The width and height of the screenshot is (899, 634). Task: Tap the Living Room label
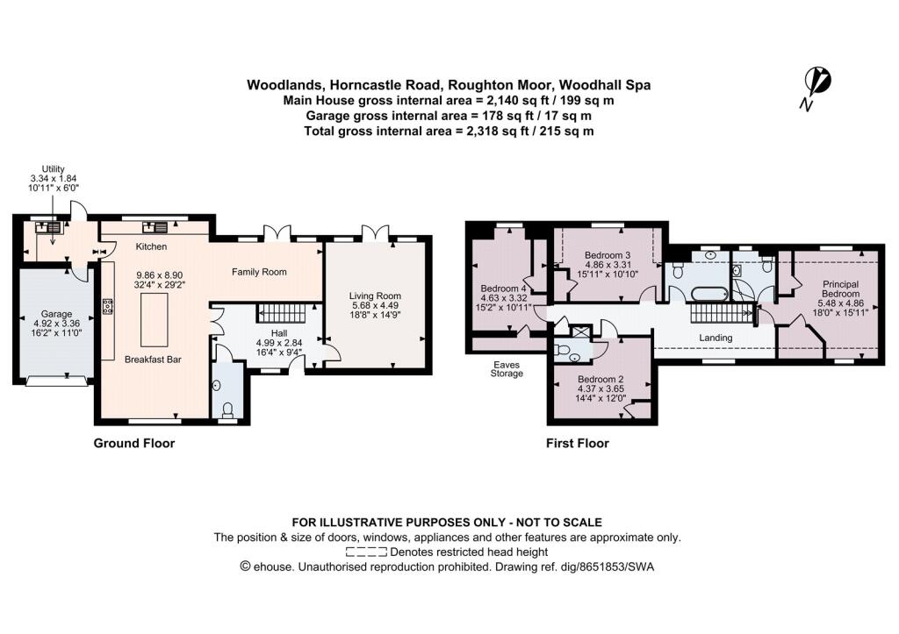tap(374, 296)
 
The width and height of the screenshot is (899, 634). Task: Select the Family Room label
tap(259, 272)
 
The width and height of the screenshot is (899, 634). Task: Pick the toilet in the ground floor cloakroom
tap(227, 409)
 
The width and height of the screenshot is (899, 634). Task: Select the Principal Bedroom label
tap(841, 289)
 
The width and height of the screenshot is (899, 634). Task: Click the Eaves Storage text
tap(506, 367)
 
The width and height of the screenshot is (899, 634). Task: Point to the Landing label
tap(716, 338)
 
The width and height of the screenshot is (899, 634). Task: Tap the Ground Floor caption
tap(134, 444)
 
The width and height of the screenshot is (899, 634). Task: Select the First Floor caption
tap(577, 444)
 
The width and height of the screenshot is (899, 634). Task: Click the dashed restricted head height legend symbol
tap(366, 552)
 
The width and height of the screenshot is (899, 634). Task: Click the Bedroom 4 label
tap(504, 288)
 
